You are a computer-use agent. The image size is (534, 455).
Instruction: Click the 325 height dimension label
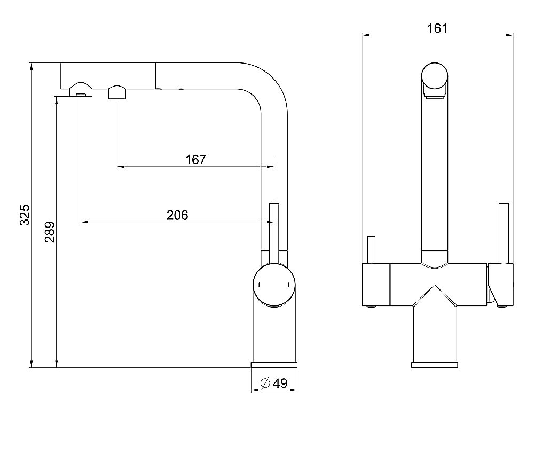pos(25,215)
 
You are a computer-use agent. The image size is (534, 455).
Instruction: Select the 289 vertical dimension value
pos(50,232)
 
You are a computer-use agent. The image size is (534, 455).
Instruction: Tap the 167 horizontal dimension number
pos(196,159)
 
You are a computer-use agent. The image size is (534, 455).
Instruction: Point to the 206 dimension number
pos(177,215)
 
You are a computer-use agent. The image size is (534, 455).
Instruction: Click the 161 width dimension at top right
pos(437,28)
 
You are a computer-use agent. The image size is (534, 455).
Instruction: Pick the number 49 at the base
pos(280,383)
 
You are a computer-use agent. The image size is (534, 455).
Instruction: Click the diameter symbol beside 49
pos(265,383)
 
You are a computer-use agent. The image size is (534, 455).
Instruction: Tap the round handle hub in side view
pos(274,285)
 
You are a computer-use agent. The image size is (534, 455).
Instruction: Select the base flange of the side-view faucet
pos(274,365)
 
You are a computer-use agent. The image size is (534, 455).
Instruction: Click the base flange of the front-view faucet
pos(434,365)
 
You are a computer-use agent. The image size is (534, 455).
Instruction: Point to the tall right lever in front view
pos(504,233)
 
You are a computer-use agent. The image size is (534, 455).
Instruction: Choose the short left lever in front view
pos(371,250)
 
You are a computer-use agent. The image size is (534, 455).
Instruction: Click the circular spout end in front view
pos(435,76)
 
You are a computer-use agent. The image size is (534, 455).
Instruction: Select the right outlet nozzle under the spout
pos(117,92)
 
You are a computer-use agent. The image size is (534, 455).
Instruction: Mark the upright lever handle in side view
pos(274,233)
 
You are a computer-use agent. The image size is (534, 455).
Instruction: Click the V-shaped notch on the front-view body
pos(434,295)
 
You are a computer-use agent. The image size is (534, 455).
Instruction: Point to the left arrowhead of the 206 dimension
pos(84,222)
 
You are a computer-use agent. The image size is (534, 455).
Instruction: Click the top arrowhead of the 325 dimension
pos(32,66)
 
